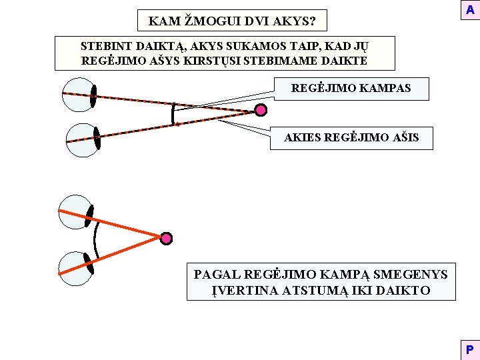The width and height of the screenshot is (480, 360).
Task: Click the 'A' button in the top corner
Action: (x=470, y=11)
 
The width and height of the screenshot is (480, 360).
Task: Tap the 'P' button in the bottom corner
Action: (x=469, y=349)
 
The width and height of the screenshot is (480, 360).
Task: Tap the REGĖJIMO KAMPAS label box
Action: (x=351, y=88)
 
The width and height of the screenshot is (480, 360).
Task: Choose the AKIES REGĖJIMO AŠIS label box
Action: (x=351, y=138)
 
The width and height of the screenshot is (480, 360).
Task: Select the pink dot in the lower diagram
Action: (x=166, y=237)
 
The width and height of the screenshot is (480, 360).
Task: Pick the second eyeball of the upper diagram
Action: (x=83, y=141)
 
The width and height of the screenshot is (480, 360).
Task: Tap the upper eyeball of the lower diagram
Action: (x=75, y=211)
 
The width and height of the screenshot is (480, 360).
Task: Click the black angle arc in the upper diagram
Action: (x=173, y=113)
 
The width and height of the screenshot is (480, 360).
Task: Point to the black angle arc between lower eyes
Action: (x=97, y=239)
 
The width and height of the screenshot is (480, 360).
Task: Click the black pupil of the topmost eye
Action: (x=94, y=96)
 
